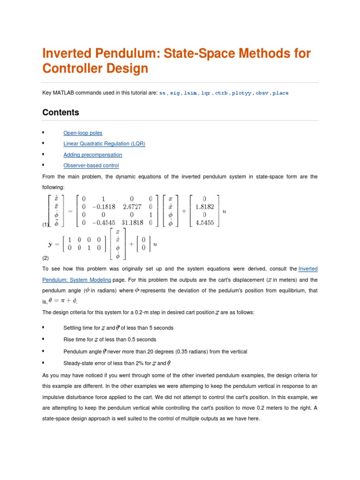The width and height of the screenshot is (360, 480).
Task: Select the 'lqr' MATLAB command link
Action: [206, 93]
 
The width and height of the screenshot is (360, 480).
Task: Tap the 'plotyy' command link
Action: [241, 93]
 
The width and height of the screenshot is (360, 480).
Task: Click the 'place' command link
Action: [280, 93]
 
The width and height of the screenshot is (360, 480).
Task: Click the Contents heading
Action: [60, 112]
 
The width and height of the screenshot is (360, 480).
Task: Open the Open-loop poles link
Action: [82, 133]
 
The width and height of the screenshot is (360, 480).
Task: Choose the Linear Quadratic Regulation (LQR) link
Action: [104, 144]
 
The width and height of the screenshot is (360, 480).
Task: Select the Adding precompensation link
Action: [92, 155]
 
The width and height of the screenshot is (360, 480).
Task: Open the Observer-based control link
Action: [91, 165]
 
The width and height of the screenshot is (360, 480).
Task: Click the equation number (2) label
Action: [45, 258]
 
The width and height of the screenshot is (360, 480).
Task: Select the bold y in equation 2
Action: [50, 244]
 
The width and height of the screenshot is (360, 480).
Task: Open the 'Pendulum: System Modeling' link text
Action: [76, 280]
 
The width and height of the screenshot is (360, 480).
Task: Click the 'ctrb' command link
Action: [221, 93]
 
